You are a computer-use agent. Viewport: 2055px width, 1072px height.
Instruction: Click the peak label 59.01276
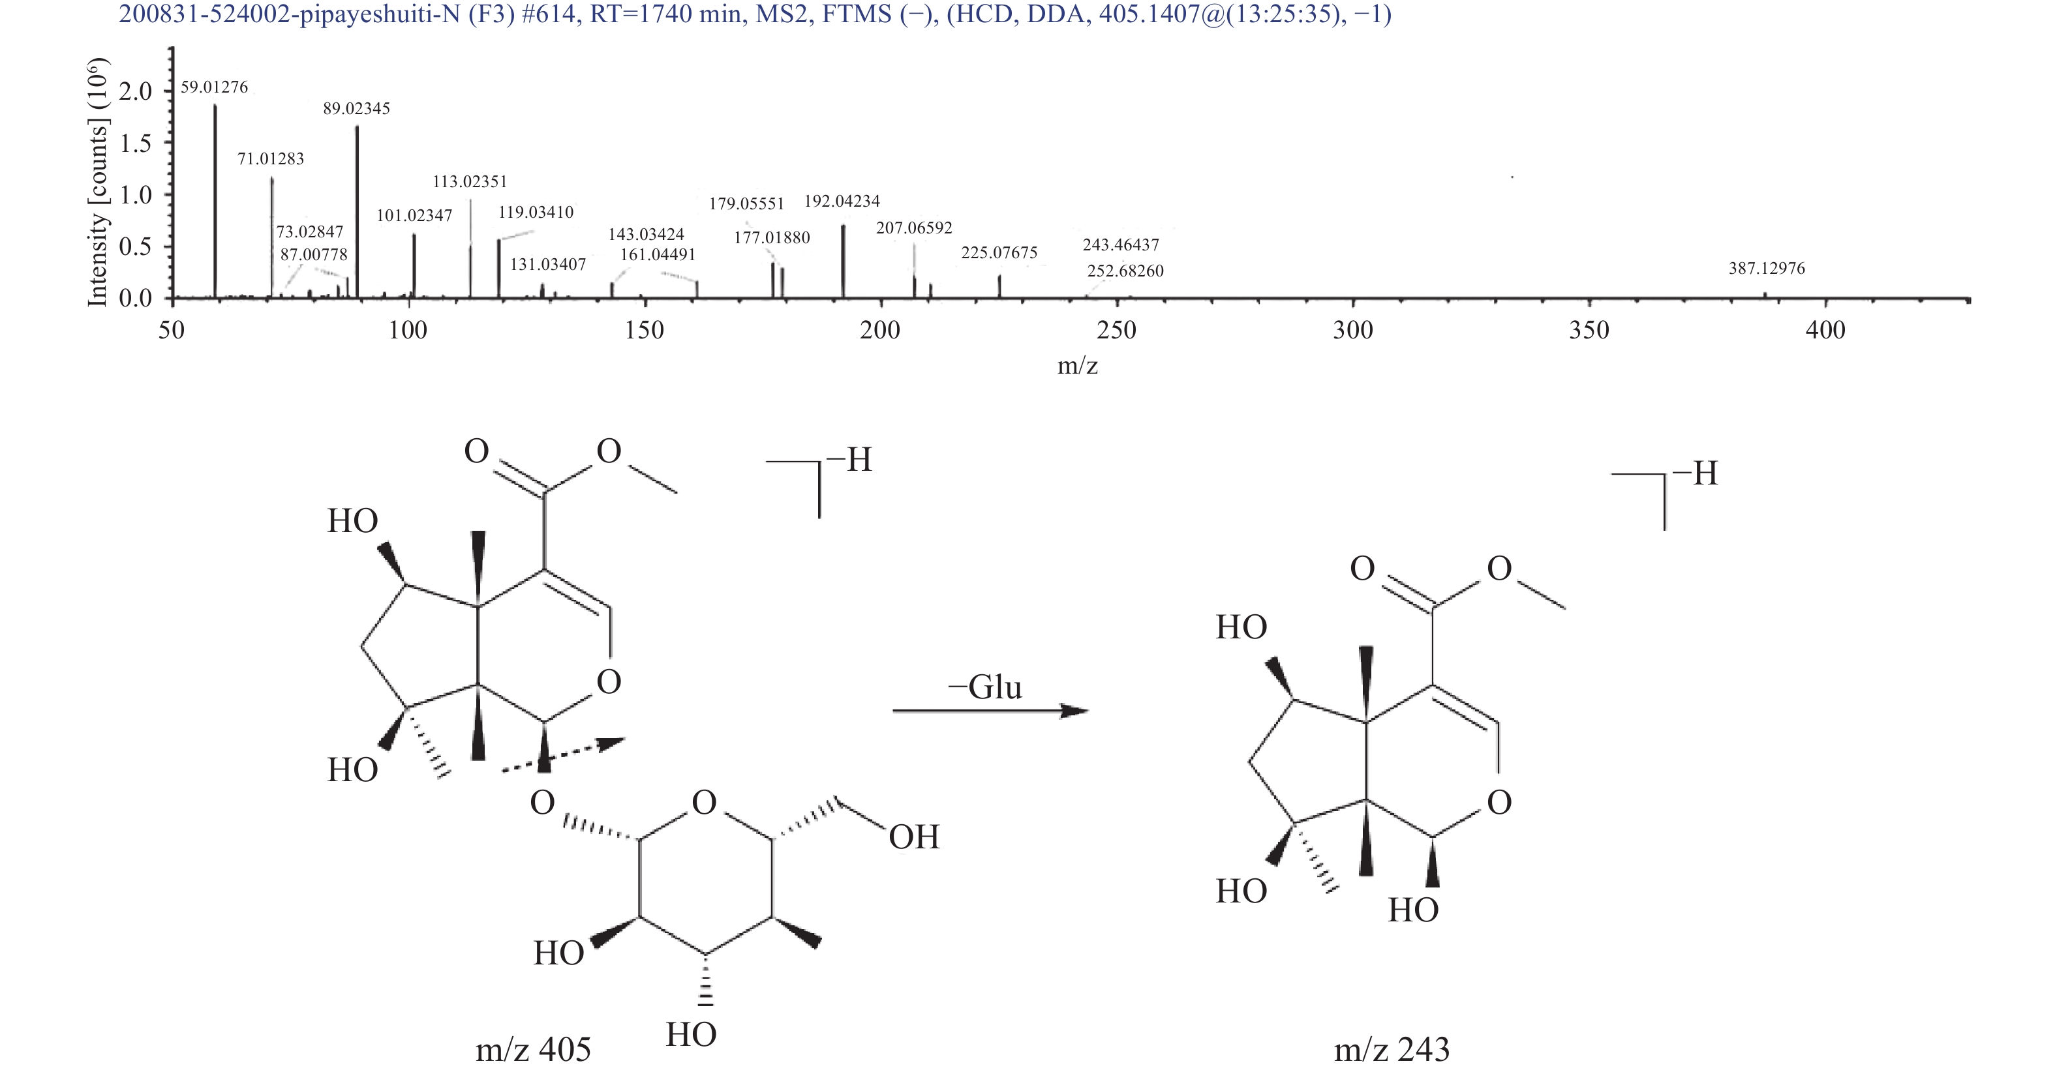[214, 87]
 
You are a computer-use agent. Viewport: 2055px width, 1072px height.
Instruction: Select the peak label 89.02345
[357, 108]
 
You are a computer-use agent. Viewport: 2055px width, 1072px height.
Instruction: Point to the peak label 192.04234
[842, 201]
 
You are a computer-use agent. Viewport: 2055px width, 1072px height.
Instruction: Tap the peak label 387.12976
[1767, 268]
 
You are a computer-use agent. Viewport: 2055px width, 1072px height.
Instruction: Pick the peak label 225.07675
[999, 253]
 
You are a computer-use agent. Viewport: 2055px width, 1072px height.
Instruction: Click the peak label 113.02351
[470, 182]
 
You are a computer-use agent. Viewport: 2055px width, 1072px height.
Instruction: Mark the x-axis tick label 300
[1353, 330]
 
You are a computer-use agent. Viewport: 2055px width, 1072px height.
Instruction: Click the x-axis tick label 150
[645, 330]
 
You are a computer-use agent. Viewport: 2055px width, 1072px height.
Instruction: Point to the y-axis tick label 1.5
[135, 143]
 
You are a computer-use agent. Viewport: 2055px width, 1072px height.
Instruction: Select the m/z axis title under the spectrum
[1078, 365]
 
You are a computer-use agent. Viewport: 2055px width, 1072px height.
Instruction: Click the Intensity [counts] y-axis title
[97, 182]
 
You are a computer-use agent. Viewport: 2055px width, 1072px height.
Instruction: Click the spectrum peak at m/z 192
[844, 261]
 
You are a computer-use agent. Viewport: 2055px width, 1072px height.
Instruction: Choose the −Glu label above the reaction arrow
[984, 687]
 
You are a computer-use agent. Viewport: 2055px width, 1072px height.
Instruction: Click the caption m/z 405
[534, 1050]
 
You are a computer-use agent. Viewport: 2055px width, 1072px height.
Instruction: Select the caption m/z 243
[1392, 1050]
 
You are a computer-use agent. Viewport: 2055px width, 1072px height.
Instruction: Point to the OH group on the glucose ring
[914, 837]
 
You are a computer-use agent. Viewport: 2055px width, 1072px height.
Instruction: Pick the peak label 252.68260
[1125, 271]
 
